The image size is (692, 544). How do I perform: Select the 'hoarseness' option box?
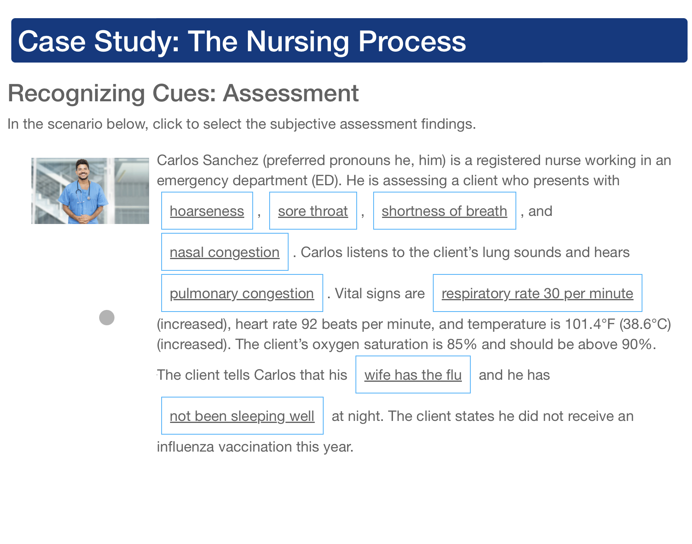click(207, 211)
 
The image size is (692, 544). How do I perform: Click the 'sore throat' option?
click(313, 211)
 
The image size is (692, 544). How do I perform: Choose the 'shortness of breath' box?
click(445, 211)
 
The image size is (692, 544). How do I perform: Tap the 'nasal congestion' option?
click(225, 252)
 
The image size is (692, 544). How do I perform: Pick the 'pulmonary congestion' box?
click(242, 293)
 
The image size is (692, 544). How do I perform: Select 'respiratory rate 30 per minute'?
click(538, 293)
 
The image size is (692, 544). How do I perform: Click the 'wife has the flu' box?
click(413, 375)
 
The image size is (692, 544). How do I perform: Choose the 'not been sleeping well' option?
click(242, 416)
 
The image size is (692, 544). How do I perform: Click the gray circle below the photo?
click(107, 318)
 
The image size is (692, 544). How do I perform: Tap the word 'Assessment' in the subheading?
click(291, 93)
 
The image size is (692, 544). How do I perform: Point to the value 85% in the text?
click(462, 344)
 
